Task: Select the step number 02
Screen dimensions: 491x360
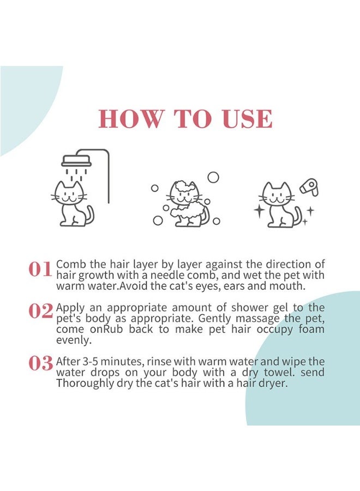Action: pyautogui.click(x=40, y=311)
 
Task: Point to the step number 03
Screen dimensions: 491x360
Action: pyautogui.click(x=40, y=363)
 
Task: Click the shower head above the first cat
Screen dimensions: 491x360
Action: pyautogui.click(x=76, y=161)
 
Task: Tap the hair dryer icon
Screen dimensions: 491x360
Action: pyautogui.click(x=309, y=188)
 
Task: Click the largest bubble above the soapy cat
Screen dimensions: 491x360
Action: pyautogui.click(x=213, y=177)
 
